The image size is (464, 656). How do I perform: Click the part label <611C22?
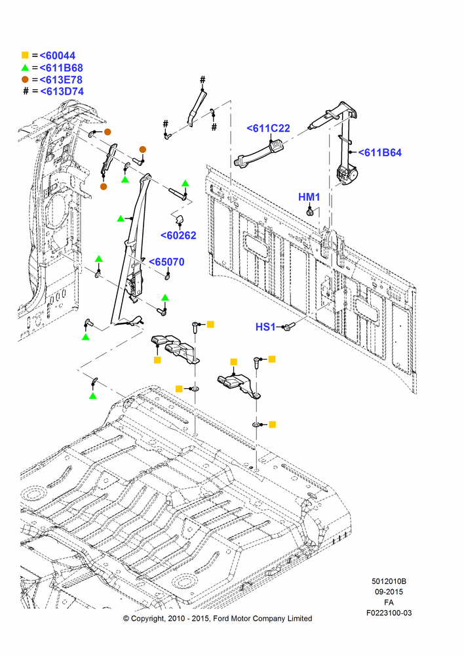pos(268,129)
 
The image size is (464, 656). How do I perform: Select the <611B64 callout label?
pos(380,153)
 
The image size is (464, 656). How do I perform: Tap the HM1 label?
pos(309,197)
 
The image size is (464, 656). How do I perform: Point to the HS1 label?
pos(265,327)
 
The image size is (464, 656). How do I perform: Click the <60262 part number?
pos(178,236)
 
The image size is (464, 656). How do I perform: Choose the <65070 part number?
pos(166,262)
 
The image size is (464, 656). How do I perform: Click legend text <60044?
pos(58,56)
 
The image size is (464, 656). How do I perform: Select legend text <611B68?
pos(62,68)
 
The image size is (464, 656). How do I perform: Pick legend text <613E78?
pos(61,79)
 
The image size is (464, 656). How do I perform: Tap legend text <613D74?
pos(62,91)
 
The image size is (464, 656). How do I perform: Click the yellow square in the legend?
pos(25,55)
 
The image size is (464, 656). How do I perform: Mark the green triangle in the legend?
pos(25,68)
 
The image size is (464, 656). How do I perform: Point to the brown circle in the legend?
pos(25,79)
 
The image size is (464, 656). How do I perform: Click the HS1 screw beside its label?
pos(289,326)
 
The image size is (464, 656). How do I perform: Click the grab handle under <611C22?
pos(259,154)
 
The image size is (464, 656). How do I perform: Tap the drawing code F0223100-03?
pos(389,613)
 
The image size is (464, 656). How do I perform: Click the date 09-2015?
pos(389,592)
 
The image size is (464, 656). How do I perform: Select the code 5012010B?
pos(389,581)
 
